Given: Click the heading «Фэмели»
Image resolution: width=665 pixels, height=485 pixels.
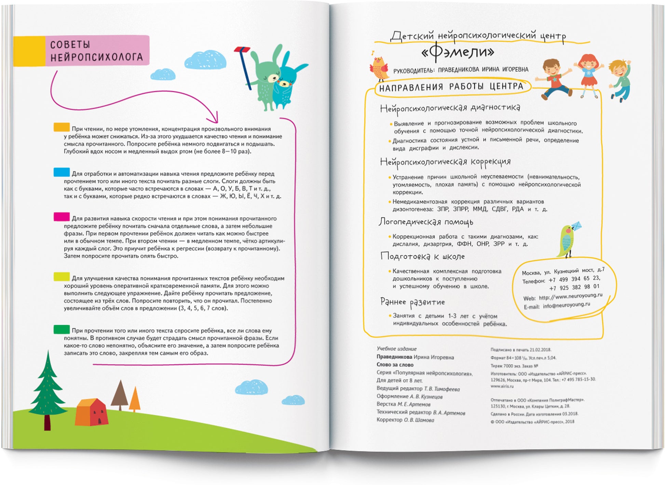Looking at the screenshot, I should pos(458,52).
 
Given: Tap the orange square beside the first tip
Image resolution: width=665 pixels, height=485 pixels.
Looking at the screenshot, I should pos(62,127).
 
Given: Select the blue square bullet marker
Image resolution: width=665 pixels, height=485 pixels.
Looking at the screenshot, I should pos(62,172).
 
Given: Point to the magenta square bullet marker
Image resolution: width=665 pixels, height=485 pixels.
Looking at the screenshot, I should pos(62,217).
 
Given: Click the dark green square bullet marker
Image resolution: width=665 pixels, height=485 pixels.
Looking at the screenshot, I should pos(62,329).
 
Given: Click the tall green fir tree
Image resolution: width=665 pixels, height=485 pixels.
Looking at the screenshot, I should pos(47,390).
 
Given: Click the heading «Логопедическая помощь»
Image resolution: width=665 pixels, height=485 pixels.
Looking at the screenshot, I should pos(426,222).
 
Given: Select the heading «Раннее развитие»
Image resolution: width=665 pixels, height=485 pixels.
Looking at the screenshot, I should pos(412,302).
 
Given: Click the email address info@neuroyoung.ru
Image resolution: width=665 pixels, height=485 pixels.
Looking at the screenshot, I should pos(566,305).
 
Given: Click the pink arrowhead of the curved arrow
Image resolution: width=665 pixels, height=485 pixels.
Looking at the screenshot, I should pos(214,118).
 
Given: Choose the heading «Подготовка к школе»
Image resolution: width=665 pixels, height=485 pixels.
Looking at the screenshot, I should pos(422,256).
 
